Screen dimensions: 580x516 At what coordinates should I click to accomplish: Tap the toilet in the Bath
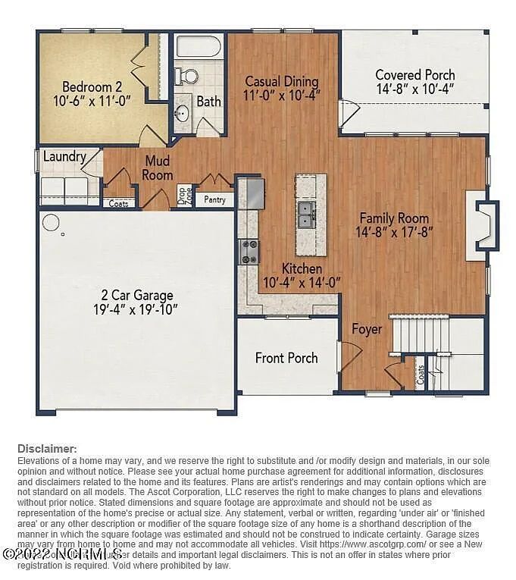[186, 76]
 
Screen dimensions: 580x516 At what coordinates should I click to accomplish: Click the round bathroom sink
[181, 114]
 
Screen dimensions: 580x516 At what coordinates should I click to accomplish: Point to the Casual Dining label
[281, 81]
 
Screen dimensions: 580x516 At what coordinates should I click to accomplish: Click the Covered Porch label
[415, 74]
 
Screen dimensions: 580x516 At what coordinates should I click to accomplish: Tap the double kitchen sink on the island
[308, 215]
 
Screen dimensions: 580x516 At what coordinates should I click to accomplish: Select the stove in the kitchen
[249, 251]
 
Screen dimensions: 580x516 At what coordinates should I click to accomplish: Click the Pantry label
[214, 200]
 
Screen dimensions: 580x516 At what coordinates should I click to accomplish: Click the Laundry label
[64, 157]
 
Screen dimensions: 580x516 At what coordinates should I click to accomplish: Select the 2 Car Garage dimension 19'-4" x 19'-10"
[137, 309]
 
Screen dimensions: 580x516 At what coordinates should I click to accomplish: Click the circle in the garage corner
[51, 223]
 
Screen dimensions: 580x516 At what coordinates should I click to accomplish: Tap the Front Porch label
[286, 358]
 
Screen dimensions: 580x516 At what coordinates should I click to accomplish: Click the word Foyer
[367, 329]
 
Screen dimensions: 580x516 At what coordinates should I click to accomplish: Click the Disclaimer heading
[47, 449]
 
